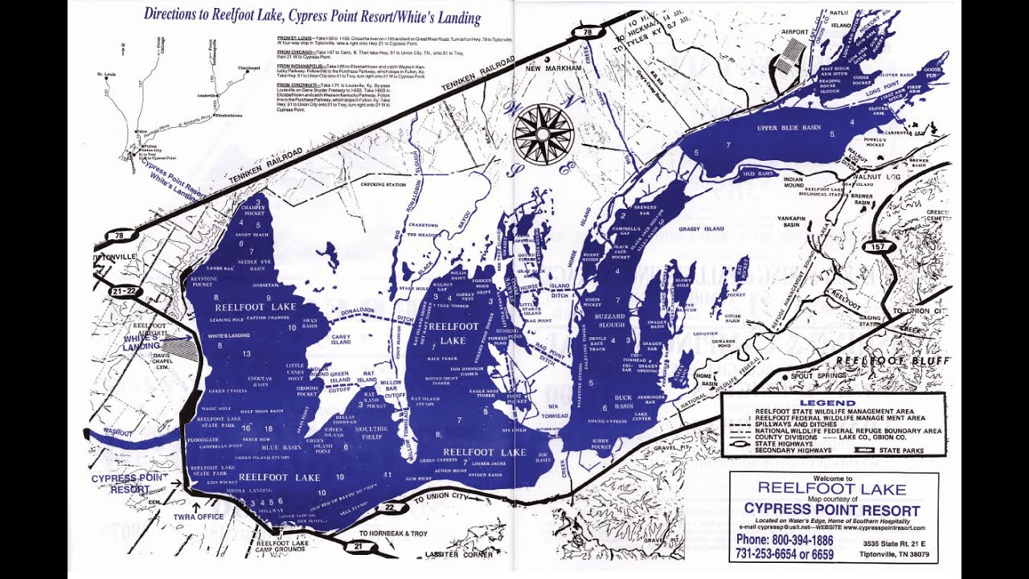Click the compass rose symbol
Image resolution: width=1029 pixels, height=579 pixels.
(x=543, y=133)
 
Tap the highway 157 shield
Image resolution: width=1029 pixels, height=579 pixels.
(x=879, y=247)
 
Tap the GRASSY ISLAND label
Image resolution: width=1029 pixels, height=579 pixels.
(x=701, y=229)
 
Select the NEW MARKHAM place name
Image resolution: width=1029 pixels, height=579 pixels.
(x=553, y=69)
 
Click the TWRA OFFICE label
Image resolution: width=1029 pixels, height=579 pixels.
(x=199, y=516)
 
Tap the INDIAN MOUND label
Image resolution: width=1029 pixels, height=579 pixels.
(x=793, y=183)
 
